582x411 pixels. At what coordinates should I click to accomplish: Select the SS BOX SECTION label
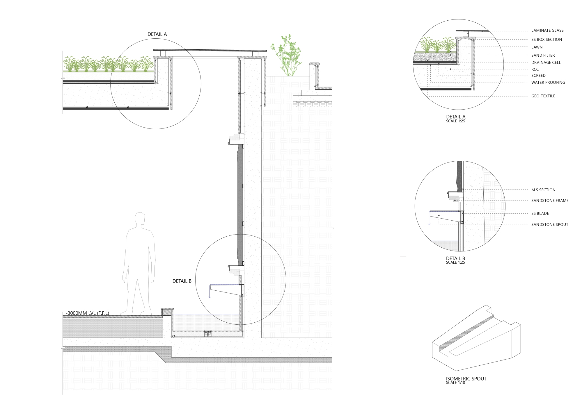point(546,40)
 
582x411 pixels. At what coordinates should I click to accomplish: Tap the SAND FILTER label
point(543,55)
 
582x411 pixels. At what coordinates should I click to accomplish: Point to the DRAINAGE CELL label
point(546,62)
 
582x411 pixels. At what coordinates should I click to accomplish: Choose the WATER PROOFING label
point(548,83)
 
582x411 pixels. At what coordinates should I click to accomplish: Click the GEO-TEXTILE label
point(543,96)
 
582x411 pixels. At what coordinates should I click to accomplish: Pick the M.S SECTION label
point(543,190)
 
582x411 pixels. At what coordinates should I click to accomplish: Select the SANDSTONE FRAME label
point(550,201)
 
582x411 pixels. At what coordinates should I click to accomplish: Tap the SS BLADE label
point(540,213)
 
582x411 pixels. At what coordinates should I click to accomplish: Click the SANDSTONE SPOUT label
point(549,224)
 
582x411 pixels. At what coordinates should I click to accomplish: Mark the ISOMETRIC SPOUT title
point(466,379)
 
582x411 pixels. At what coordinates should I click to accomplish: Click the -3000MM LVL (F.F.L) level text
point(87,313)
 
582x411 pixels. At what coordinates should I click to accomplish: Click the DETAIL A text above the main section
point(157,34)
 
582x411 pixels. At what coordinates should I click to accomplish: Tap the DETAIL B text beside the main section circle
point(182,281)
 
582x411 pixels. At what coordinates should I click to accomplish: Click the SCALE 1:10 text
point(455,383)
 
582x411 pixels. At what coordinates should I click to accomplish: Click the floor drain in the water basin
point(207,334)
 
